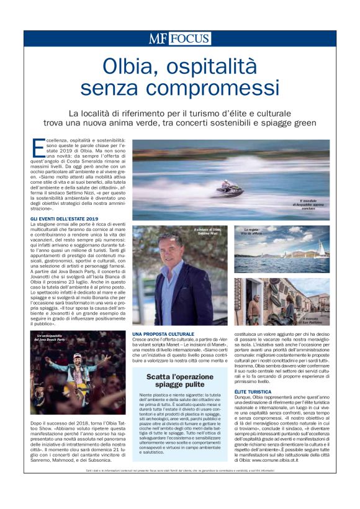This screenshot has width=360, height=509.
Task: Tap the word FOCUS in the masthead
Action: point(190,38)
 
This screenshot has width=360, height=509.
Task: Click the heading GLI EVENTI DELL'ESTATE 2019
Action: point(65,219)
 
